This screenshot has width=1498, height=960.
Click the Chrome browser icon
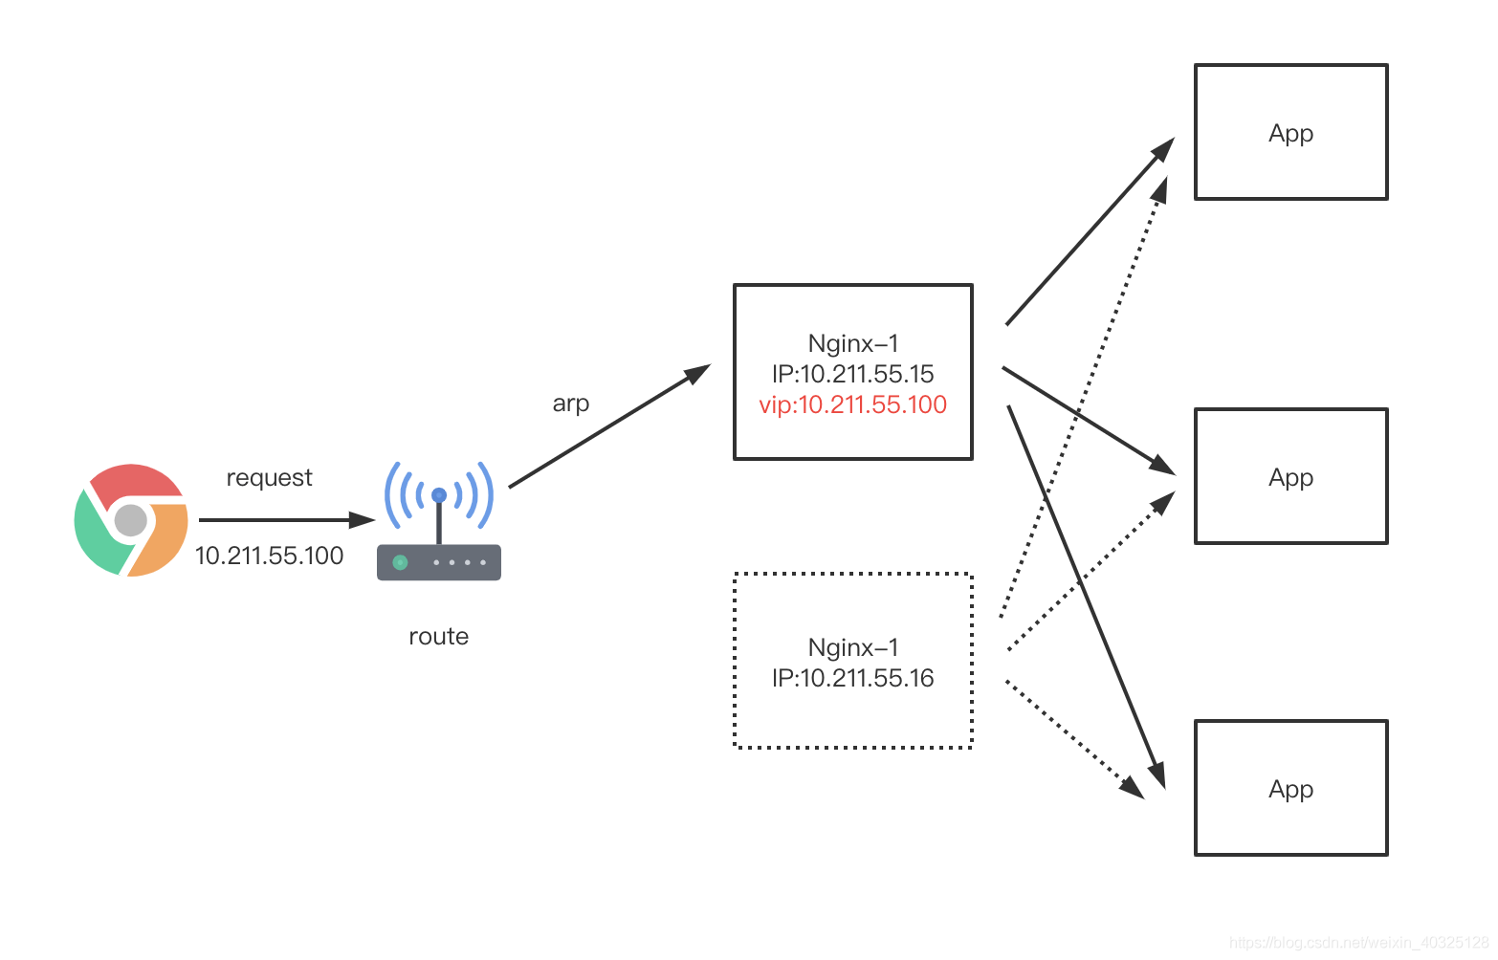(131, 519)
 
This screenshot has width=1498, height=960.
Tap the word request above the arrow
(269, 478)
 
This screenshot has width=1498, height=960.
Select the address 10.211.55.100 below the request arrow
(269, 556)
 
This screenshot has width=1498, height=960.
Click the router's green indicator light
(400, 562)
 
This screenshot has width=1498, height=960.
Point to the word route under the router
(439, 637)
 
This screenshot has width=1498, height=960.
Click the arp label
(570, 404)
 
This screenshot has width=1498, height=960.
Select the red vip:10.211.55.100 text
(852, 404)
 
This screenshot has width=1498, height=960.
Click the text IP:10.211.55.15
(852, 374)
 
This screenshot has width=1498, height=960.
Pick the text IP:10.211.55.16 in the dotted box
(852, 678)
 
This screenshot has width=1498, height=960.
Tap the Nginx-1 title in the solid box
(852, 343)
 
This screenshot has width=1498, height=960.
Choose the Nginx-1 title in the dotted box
(852, 647)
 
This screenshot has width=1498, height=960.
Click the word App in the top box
(1290, 134)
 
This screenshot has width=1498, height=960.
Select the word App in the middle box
(1290, 478)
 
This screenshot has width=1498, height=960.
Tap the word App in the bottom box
(1290, 790)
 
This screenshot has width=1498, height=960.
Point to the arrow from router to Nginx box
(609, 425)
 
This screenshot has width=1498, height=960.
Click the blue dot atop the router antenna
(439, 495)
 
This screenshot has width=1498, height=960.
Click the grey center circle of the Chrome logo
(131, 520)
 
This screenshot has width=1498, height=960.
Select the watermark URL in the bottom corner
(1359, 943)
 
